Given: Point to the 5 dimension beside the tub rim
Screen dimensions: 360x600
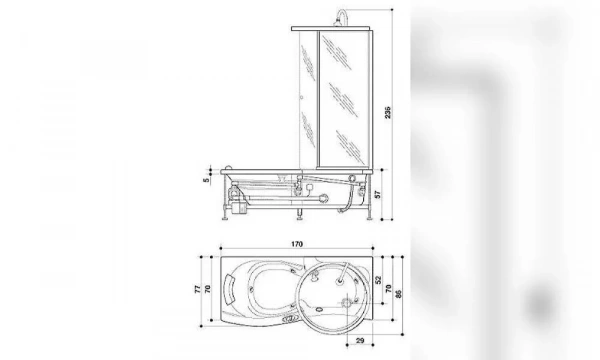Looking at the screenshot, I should pyautogui.click(x=205, y=181).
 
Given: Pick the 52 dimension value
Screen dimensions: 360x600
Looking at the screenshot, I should pyautogui.click(x=377, y=282).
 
